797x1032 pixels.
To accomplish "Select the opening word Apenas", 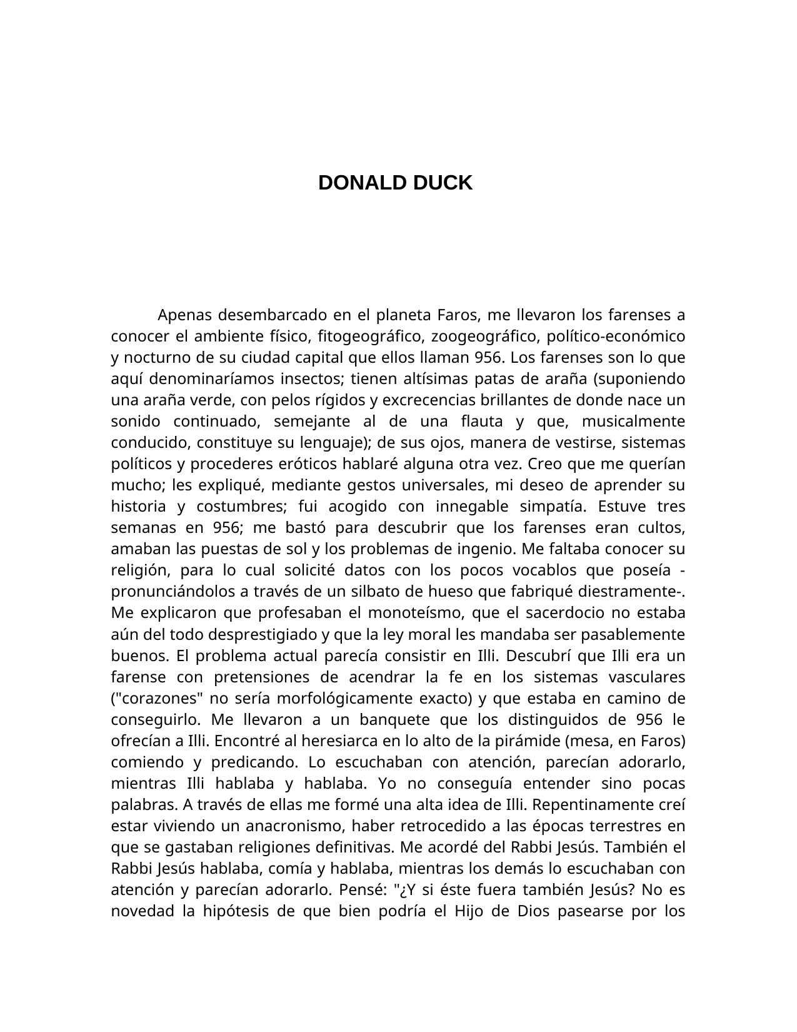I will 185,315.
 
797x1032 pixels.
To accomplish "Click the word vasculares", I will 646,677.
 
